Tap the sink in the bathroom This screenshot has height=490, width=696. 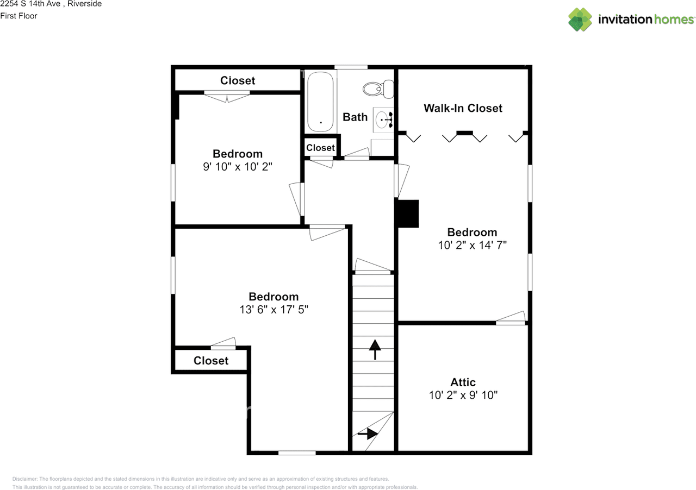pos(383,119)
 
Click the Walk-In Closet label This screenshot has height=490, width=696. pos(463,108)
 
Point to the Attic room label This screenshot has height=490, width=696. pos(463,382)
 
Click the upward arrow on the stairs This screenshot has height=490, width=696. pos(375,349)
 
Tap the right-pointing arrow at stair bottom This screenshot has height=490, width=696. pos(368,434)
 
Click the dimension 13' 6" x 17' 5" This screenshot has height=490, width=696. pos(274,309)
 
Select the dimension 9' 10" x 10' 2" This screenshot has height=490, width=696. pos(237,167)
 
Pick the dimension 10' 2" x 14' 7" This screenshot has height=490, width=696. pos(472,245)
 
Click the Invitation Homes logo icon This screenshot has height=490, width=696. pos(580,20)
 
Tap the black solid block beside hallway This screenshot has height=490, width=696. pos(407,213)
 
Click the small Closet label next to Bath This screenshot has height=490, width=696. pos(320,148)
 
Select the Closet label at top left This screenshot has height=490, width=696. pos(238,80)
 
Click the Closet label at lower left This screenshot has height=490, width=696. pos(211,361)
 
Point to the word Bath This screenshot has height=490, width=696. pos(355,117)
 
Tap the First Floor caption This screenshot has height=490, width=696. pos(18,16)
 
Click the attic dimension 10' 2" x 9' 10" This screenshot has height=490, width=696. pos(463,395)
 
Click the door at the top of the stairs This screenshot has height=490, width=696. pos(373,266)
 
